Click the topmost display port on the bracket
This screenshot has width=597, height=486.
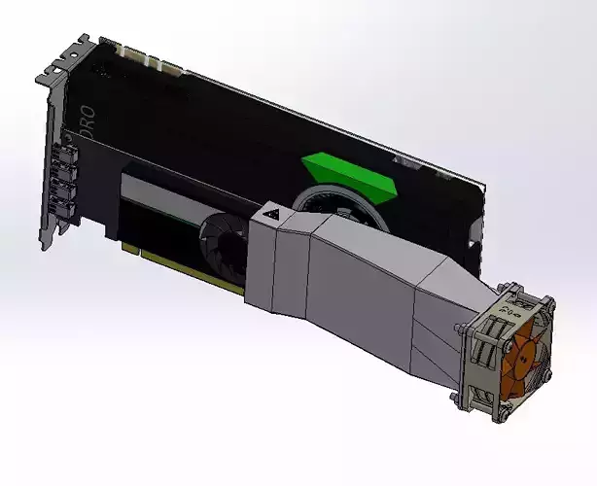coord(66,152)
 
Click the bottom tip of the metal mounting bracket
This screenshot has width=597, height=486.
coord(47,243)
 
